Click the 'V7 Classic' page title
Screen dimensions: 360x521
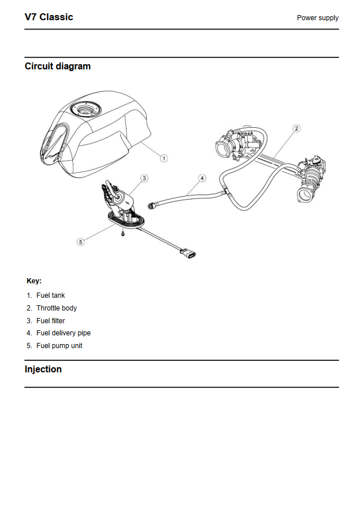point(49,17)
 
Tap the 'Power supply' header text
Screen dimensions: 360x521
point(317,18)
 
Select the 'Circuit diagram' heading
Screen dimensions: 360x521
point(57,66)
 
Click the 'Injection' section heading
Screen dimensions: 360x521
point(43,369)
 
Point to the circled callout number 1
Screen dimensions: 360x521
point(164,158)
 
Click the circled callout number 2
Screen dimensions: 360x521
point(296,128)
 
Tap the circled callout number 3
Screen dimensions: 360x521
point(144,178)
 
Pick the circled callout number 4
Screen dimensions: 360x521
point(202,178)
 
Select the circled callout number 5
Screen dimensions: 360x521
point(81,242)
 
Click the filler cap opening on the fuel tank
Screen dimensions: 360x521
point(86,109)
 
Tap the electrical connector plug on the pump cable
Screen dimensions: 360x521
point(188,253)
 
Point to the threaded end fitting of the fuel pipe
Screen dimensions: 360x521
point(152,206)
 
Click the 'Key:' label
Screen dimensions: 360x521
point(34,281)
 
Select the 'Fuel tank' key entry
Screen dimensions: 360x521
point(50,295)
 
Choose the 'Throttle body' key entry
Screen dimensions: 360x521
point(57,308)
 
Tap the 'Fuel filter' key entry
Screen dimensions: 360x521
point(50,321)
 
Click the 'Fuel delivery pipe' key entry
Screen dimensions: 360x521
point(64,333)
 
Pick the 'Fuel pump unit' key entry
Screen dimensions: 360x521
point(59,346)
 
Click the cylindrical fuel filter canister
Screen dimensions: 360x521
point(124,201)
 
